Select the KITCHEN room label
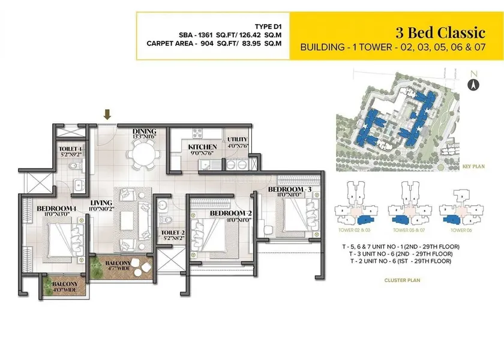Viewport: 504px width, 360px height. click(x=202, y=147)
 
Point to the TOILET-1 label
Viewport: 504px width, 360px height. click(x=71, y=148)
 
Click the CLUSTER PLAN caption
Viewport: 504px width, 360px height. click(x=401, y=280)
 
